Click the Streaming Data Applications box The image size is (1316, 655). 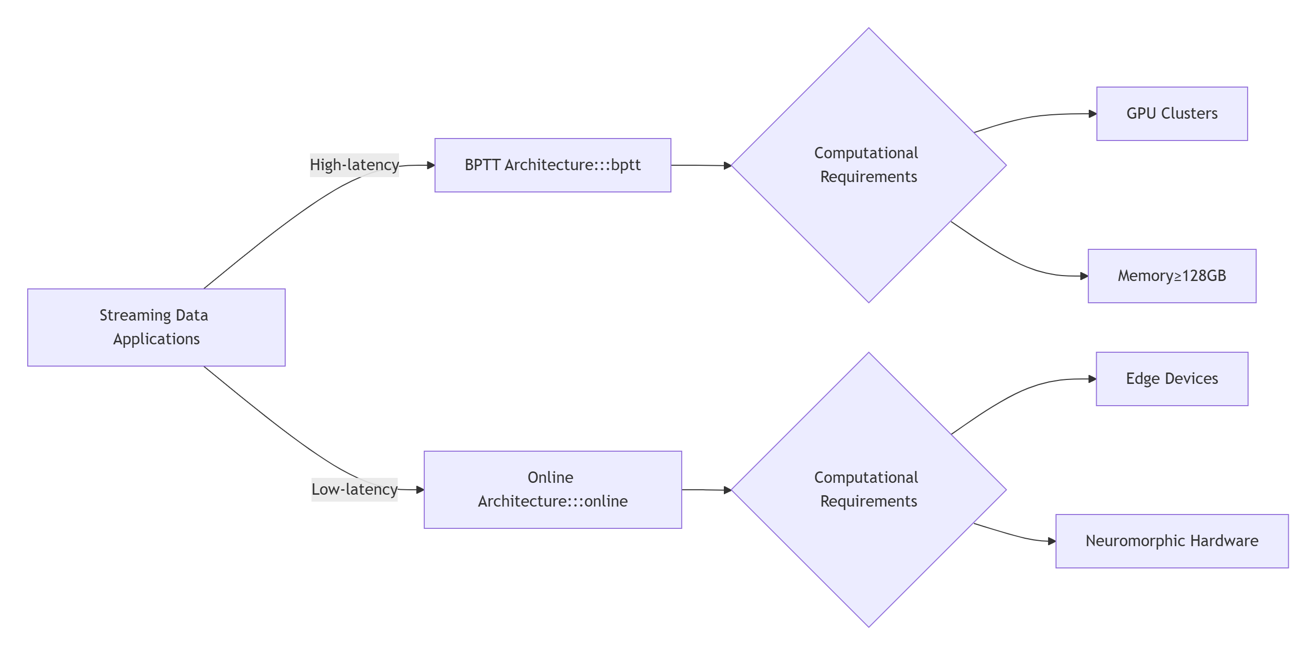(x=156, y=327)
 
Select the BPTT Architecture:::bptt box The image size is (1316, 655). (x=552, y=165)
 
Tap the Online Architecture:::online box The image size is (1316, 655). (x=552, y=489)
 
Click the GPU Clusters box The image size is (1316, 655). (x=1171, y=113)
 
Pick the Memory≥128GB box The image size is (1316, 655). (x=1171, y=276)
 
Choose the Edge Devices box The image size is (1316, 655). (x=1171, y=378)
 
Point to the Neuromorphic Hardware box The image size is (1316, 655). (x=1171, y=541)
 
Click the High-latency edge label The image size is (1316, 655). (x=354, y=165)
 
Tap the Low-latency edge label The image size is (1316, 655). (x=354, y=489)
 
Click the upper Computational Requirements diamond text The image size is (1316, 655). (x=868, y=164)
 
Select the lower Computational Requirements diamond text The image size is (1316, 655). (x=868, y=489)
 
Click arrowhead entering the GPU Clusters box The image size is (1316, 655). (x=1092, y=113)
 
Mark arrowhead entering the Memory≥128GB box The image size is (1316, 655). (x=1084, y=276)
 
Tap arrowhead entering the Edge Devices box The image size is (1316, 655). (x=1092, y=379)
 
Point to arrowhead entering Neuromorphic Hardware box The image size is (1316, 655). (x=1052, y=541)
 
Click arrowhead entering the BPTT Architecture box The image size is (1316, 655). (x=430, y=165)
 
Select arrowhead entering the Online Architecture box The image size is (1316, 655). (x=419, y=490)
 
